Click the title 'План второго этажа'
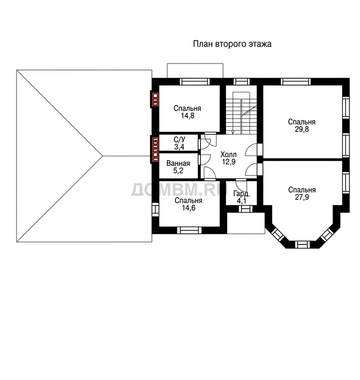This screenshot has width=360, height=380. click(x=232, y=44)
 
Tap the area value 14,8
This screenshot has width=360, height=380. click(x=187, y=116)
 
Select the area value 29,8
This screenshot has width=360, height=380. click(x=301, y=129)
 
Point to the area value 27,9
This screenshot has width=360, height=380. click(x=301, y=197)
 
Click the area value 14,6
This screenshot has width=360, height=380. click(x=188, y=208)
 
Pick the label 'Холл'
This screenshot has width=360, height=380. click(x=228, y=154)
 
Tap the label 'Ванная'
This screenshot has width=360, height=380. click(x=178, y=163)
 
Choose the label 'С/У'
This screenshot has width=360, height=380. click(x=179, y=139)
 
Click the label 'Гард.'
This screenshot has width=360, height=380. click(x=241, y=194)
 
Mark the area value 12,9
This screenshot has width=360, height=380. click(x=228, y=162)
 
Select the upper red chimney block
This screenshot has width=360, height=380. click(x=155, y=99)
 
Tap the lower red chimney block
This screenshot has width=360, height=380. click(x=155, y=149)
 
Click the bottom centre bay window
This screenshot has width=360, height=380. click(x=302, y=244)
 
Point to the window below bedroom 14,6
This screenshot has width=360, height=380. click(x=189, y=230)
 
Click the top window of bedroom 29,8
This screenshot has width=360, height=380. click(x=295, y=81)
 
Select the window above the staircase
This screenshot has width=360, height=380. click(x=241, y=81)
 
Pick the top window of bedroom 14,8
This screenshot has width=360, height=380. click(x=195, y=81)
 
